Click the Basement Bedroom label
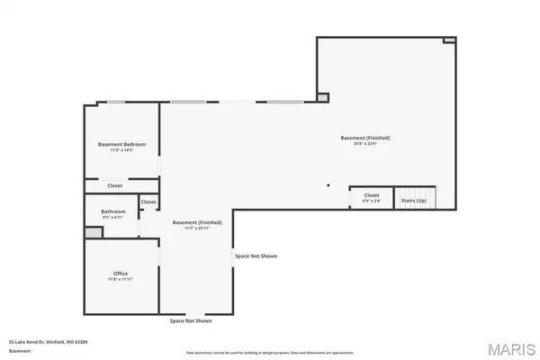coord(121,144)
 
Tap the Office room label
coord(121,274)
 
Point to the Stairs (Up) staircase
coord(416,198)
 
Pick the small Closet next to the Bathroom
coord(148,203)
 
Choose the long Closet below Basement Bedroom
coord(115,185)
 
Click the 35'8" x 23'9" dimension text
coord(364,143)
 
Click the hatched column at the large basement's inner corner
coord(324,96)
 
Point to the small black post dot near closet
coord(329,186)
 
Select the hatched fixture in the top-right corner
coord(450,40)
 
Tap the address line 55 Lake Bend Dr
coord(48,342)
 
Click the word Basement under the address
coord(20,350)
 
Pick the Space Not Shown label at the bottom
coord(191,321)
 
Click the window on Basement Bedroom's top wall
coord(115,102)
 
